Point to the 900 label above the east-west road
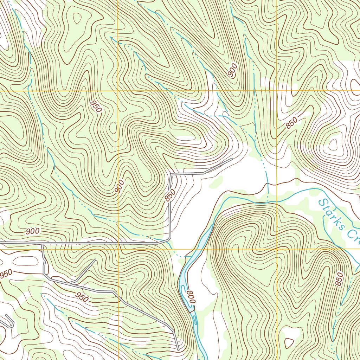pos(33,231)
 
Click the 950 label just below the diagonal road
pos(82,297)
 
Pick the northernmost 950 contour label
pos(96,106)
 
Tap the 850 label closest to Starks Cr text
pos(339,279)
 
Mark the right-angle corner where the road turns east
pos(171,174)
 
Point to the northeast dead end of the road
pos(232,159)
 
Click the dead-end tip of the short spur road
pos(95,259)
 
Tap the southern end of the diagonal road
pos(178,350)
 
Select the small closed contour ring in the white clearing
pos(289,342)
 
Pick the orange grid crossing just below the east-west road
pos(118,249)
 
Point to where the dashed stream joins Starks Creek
pos(268,202)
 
